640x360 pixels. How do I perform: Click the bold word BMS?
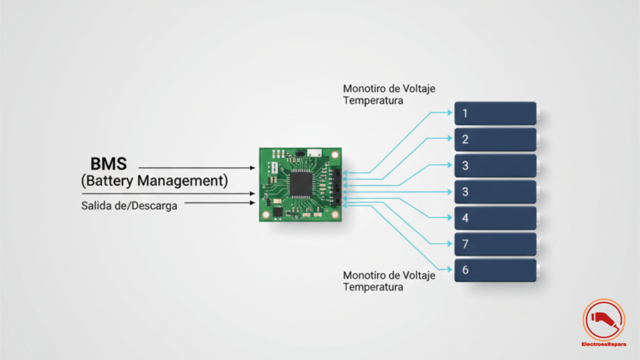click(x=109, y=164)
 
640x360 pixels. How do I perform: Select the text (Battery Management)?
click(x=154, y=181)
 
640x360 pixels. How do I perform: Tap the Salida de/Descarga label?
click(x=129, y=205)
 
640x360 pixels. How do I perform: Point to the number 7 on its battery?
click(x=466, y=244)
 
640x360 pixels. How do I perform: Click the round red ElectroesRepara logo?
click(x=604, y=319)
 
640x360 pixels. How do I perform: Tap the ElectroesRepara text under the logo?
click(x=604, y=344)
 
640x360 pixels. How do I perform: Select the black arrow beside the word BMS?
click(x=197, y=168)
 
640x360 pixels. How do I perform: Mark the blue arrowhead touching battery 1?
click(x=451, y=113)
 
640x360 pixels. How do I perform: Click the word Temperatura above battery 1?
click(x=373, y=100)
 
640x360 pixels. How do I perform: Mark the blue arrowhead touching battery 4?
click(x=451, y=217)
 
